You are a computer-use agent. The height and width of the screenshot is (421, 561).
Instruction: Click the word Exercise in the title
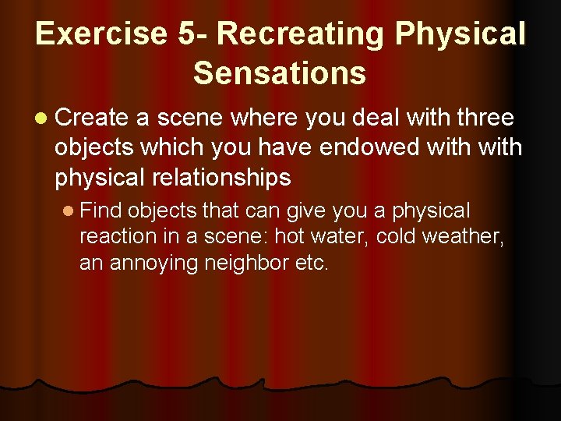click(100, 34)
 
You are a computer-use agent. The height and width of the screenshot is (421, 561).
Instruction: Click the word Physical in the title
click(460, 34)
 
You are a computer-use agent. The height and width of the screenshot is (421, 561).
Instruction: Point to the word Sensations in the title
click(280, 73)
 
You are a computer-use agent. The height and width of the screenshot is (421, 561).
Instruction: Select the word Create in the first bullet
click(92, 118)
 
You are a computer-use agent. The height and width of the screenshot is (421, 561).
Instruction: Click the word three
click(484, 118)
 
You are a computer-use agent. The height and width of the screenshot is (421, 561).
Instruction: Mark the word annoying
click(154, 264)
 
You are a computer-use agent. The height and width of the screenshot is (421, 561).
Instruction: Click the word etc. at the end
click(312, 264)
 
